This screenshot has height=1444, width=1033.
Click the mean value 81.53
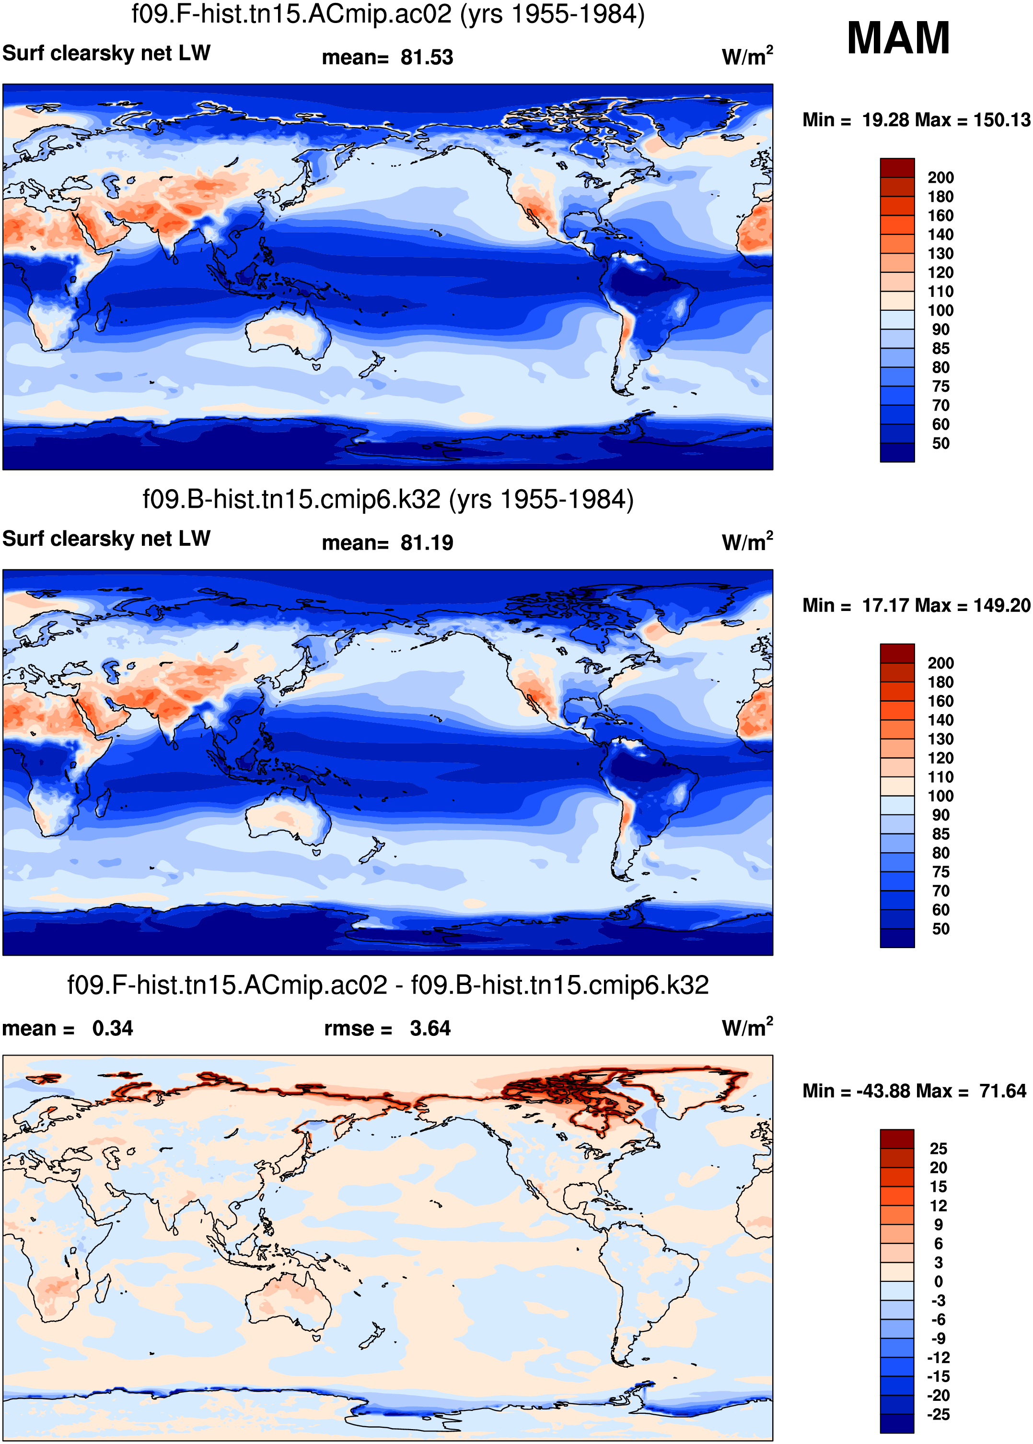[426, 57]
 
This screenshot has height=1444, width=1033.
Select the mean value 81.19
[426, 543]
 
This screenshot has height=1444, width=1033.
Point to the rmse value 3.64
[429, 1028]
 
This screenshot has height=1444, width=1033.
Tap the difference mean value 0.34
[113, 1028]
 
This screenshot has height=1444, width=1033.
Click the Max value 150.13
[1001, 119]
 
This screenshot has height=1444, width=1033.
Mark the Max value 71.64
[1002, 1091]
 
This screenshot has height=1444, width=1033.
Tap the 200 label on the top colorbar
[940, 177]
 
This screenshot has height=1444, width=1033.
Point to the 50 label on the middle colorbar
[940, 928]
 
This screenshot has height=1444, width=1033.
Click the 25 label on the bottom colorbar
[938, 1149]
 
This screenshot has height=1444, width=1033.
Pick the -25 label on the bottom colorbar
[938, 1414]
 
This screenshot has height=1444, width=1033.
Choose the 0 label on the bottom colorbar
[938, 1281]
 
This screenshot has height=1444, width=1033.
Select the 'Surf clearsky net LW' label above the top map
[106, 53]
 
